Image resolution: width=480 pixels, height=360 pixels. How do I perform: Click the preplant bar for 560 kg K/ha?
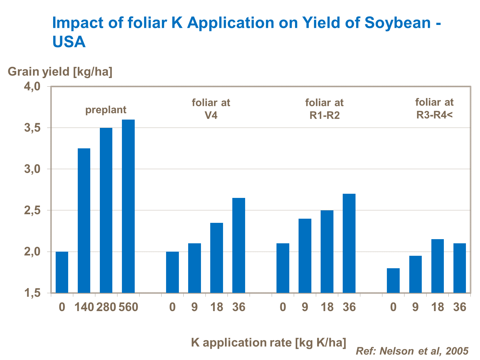coord(128,206)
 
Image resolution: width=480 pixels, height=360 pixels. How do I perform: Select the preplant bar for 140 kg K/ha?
coord(84,221)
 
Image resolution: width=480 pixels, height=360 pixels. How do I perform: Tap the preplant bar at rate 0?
coord(62,272)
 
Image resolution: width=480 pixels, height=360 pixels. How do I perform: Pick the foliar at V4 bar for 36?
coord(239,245)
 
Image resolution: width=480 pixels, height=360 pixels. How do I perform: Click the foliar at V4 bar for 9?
coord(195,268)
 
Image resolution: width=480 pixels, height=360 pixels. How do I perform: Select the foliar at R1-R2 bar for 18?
coord(327,251)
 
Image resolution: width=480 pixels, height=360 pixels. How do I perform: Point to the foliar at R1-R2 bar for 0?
coord(283,268)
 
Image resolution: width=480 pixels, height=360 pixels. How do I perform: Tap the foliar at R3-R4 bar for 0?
coord(393,280)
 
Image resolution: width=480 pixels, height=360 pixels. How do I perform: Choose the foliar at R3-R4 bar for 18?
coord(437,266)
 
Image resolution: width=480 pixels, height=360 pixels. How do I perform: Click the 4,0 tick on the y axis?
coord(32,86)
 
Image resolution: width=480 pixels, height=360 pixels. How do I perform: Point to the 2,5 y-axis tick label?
coord(32,210)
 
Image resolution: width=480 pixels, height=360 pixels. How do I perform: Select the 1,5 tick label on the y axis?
coord(32,293)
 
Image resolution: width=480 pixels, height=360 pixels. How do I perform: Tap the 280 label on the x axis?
coord(106,307)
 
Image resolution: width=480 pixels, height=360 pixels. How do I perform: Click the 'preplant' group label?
coord(106,110)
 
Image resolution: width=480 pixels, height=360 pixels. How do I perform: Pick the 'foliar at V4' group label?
coord(211,109)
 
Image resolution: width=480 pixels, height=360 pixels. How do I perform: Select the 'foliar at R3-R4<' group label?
coord(434,108)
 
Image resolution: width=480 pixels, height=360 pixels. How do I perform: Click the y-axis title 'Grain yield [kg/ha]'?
coord(60,72)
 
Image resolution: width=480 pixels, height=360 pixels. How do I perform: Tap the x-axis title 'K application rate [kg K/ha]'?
coord(268,342)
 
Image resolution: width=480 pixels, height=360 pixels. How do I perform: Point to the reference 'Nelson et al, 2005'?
coord(412,351)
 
